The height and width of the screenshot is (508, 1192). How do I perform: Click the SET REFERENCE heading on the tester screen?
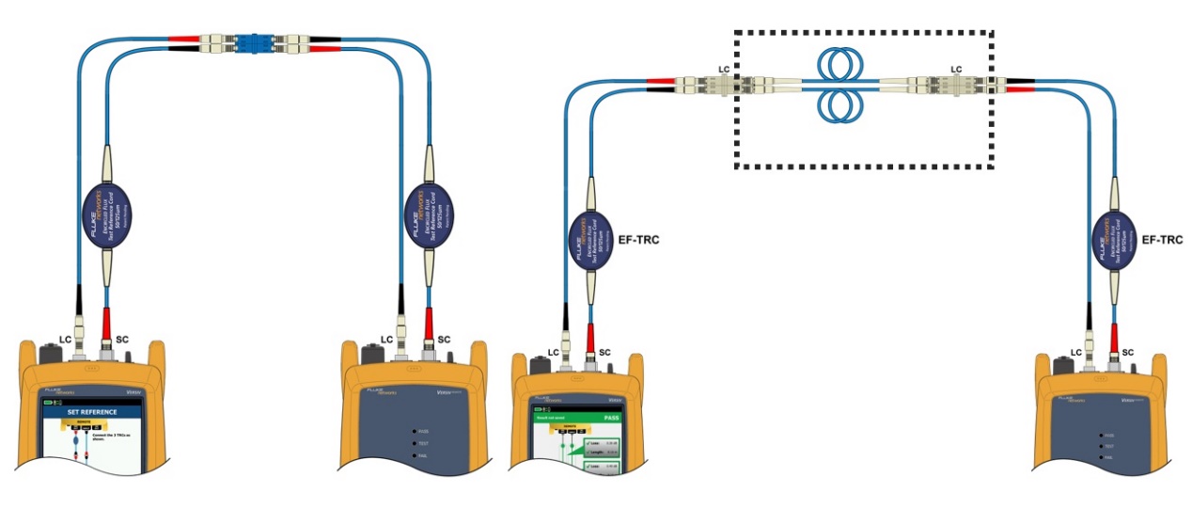[91, 411]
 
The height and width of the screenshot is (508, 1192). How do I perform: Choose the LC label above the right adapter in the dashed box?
[956, 69]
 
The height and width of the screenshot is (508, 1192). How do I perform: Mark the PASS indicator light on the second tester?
[415, 431]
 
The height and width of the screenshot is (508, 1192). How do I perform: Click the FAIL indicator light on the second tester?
[415, 455]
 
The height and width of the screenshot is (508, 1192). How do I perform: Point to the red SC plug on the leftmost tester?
[105, 321]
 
